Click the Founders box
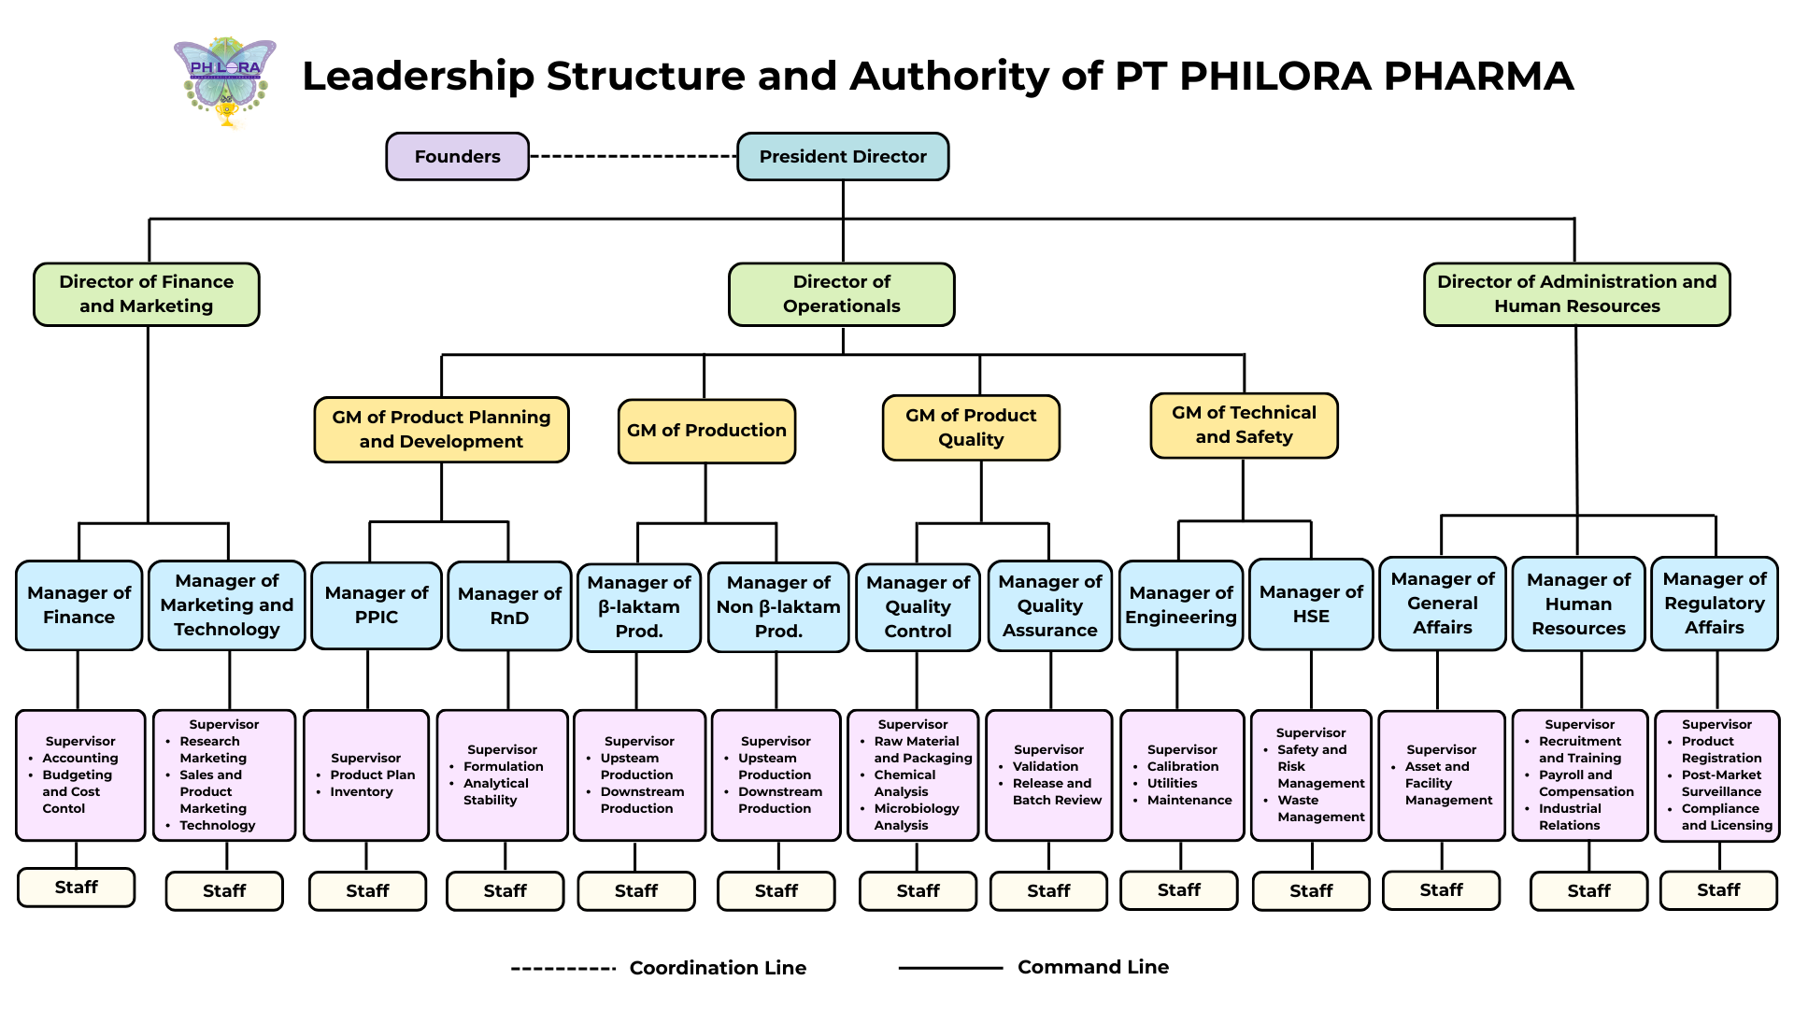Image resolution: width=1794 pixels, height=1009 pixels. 457,156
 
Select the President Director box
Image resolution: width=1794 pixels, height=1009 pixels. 842,156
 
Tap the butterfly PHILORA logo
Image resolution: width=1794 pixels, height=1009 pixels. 225,82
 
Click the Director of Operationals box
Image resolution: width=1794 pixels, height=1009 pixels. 841,293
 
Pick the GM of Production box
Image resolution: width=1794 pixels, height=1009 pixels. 706,431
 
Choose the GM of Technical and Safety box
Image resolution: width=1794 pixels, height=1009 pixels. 1244,425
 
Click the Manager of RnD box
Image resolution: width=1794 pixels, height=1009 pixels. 509,605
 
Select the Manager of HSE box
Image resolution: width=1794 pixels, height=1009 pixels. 1311,604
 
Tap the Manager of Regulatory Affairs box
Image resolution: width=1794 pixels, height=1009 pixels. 1714,604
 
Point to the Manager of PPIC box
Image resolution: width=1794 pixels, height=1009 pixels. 377,605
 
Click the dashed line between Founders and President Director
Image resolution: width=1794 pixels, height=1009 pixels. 633,156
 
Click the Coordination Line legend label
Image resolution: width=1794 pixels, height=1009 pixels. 718,968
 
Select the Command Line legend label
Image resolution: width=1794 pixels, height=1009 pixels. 1092,967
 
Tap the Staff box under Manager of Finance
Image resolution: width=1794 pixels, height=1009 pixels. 76,888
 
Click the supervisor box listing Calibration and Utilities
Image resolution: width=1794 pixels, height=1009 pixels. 1182,775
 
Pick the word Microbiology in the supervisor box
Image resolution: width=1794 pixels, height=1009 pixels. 916,808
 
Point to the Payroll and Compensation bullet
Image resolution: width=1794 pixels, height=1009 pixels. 1586,783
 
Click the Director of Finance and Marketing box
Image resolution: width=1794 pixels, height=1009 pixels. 146,293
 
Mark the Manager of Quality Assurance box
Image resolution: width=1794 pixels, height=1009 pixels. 1049,605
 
